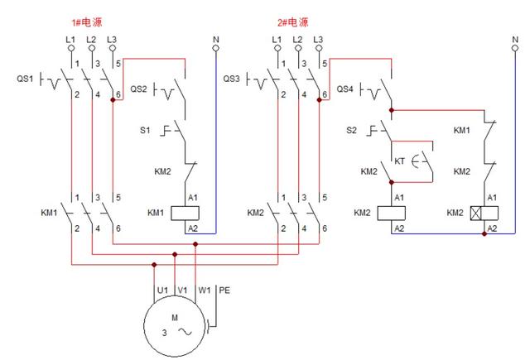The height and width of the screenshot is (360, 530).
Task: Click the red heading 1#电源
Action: (x=86, y=22)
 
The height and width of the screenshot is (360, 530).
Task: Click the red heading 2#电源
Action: (x=292, y=22)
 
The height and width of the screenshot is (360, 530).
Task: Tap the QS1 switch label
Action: (x=25, y=79)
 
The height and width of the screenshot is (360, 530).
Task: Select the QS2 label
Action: (x=138, y=89)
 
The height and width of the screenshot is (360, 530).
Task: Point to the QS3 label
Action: (x=231, y=79)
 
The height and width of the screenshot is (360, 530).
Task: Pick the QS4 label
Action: (x=344, y=89)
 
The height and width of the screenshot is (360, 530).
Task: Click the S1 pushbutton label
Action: (x=145, y=130)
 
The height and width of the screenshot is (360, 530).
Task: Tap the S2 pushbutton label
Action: (x=351, y=130)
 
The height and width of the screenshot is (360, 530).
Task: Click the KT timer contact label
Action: (x=399, y=161)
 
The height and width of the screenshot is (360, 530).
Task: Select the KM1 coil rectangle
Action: (x=185, y=213)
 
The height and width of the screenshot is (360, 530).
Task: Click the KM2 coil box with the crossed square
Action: (x=484, y=213)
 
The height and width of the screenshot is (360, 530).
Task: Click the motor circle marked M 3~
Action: (x=175, y=326)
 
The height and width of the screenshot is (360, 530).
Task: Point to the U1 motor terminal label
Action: (x=162, y=290)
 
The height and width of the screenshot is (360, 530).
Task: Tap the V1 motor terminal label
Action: (x=182, y=290)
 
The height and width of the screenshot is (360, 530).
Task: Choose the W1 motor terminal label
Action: (x=205, y=290)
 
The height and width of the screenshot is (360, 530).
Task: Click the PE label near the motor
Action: (x=224, y=290)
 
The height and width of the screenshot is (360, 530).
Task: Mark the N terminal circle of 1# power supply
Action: (x=215, y=48)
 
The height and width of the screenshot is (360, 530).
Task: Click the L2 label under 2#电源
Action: (x=297, y=40)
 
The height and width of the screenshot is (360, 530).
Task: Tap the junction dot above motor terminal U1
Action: (x=154, y=265)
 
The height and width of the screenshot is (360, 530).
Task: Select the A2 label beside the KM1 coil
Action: (x=193, y=228)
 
